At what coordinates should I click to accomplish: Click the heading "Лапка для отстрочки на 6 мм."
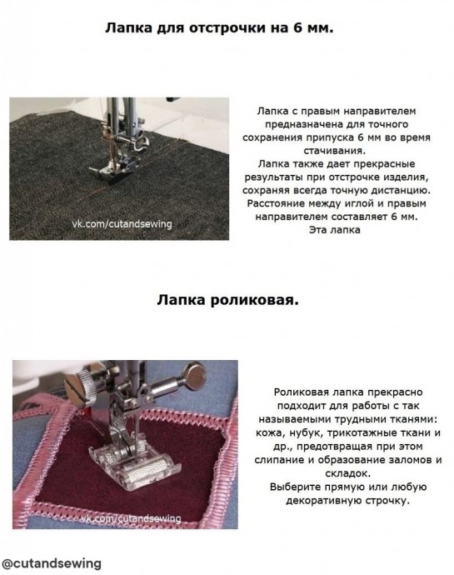(x=219, y=28)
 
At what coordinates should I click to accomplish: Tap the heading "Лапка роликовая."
(x=227, y=300)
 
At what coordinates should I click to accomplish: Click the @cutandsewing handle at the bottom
(x=52, y=563)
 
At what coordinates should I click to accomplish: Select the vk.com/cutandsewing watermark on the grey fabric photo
(x=122, y=223)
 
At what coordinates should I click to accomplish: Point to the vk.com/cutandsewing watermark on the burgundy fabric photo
(x=131, y=518)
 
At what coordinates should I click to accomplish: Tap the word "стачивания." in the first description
(x=334, y=151)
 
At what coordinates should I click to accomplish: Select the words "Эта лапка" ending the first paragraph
(x=334, y=230)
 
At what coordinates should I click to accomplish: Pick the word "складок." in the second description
(x=347, y=473)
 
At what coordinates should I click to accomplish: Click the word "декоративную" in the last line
(x=322, y=501)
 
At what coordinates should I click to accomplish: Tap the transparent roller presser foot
(x=135, y=464)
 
